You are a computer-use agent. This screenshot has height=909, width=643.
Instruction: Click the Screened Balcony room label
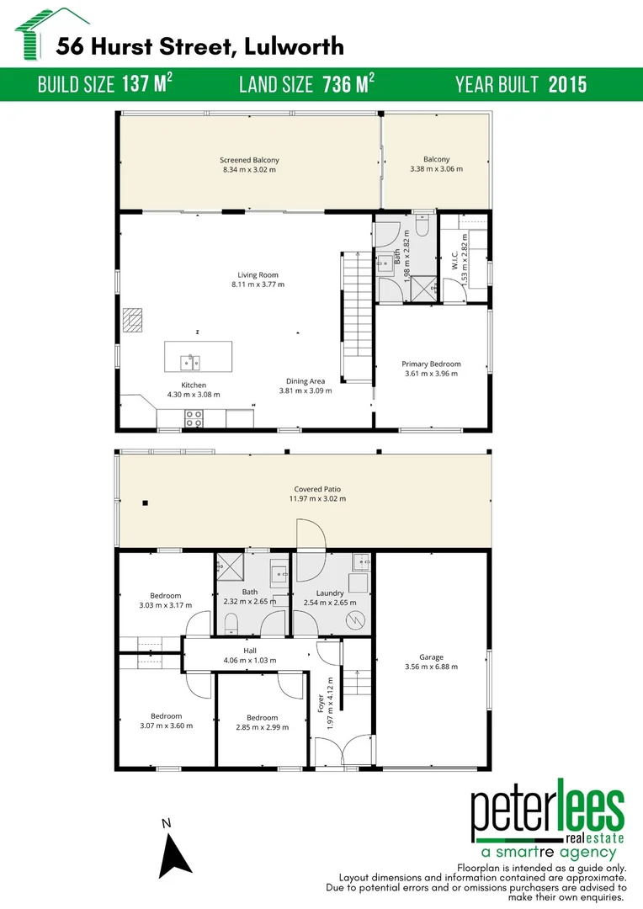tap(249, 160)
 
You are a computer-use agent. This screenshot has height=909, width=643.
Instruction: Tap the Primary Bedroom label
tap(431, 364)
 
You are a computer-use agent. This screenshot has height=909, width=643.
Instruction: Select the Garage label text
tap(431, 657)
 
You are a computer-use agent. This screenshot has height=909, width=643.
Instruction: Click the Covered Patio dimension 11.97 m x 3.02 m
tap(317, 499)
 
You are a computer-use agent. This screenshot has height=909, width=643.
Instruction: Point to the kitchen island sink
tap(190, 362)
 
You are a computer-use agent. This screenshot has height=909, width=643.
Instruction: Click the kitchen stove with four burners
tap(194, 417)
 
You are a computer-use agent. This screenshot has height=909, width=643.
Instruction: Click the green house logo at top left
tap(37, 34)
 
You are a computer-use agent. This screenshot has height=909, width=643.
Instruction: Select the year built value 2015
tap(567, 85)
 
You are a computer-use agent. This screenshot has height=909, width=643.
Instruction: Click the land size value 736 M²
tap(348, 85)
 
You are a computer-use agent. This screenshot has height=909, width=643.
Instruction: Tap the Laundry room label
tap(330, 593)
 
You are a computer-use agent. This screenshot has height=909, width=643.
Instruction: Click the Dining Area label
tap(306, 381)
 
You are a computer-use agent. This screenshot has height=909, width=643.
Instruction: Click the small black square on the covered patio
tap(146, 503)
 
